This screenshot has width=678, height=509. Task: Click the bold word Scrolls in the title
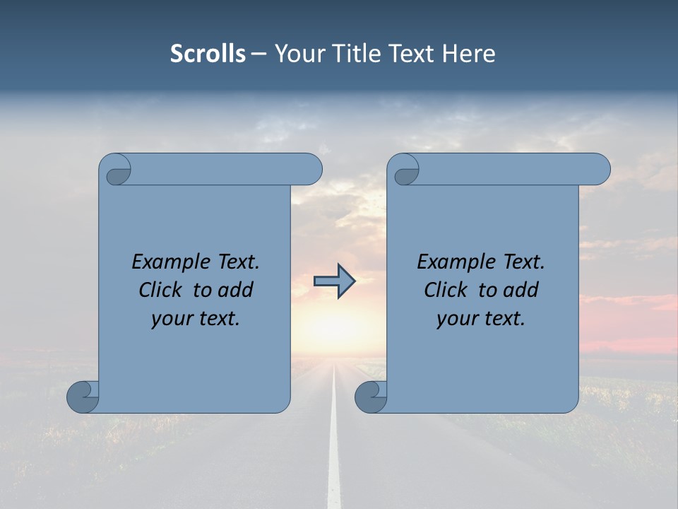coord(208,54)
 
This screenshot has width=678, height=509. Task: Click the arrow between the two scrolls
coord(334,281)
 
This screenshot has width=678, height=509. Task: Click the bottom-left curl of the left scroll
coord(83,397)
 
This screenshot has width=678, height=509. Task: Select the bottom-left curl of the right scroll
coord(371,397)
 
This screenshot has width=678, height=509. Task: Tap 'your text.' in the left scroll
coord(196,318)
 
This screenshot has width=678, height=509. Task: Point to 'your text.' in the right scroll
coord(481,318)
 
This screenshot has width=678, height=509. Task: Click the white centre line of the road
coord(334,452)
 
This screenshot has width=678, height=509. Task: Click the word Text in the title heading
coord(411,54)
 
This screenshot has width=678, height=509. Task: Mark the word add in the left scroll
coord(237,290)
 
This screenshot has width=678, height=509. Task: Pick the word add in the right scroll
coord(522,290)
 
